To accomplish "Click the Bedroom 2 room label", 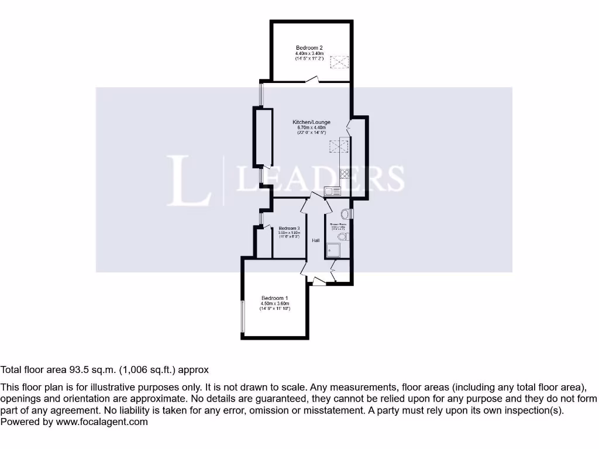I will tap(309, 47).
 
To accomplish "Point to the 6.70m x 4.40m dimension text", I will tap(311, 127).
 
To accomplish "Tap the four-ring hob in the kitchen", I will tap(345, 173).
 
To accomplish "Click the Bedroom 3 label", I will tap(289, 228).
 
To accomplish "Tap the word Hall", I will tap(315, 240).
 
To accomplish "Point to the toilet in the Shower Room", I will tap(347, 236).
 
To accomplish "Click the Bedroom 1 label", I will tap(274, 298).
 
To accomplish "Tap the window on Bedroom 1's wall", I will tap(243, 316).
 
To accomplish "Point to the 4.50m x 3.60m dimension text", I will tap(274, 303).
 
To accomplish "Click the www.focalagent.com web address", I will tap(102, 422).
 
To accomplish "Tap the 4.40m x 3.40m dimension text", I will tap(309, 53).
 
